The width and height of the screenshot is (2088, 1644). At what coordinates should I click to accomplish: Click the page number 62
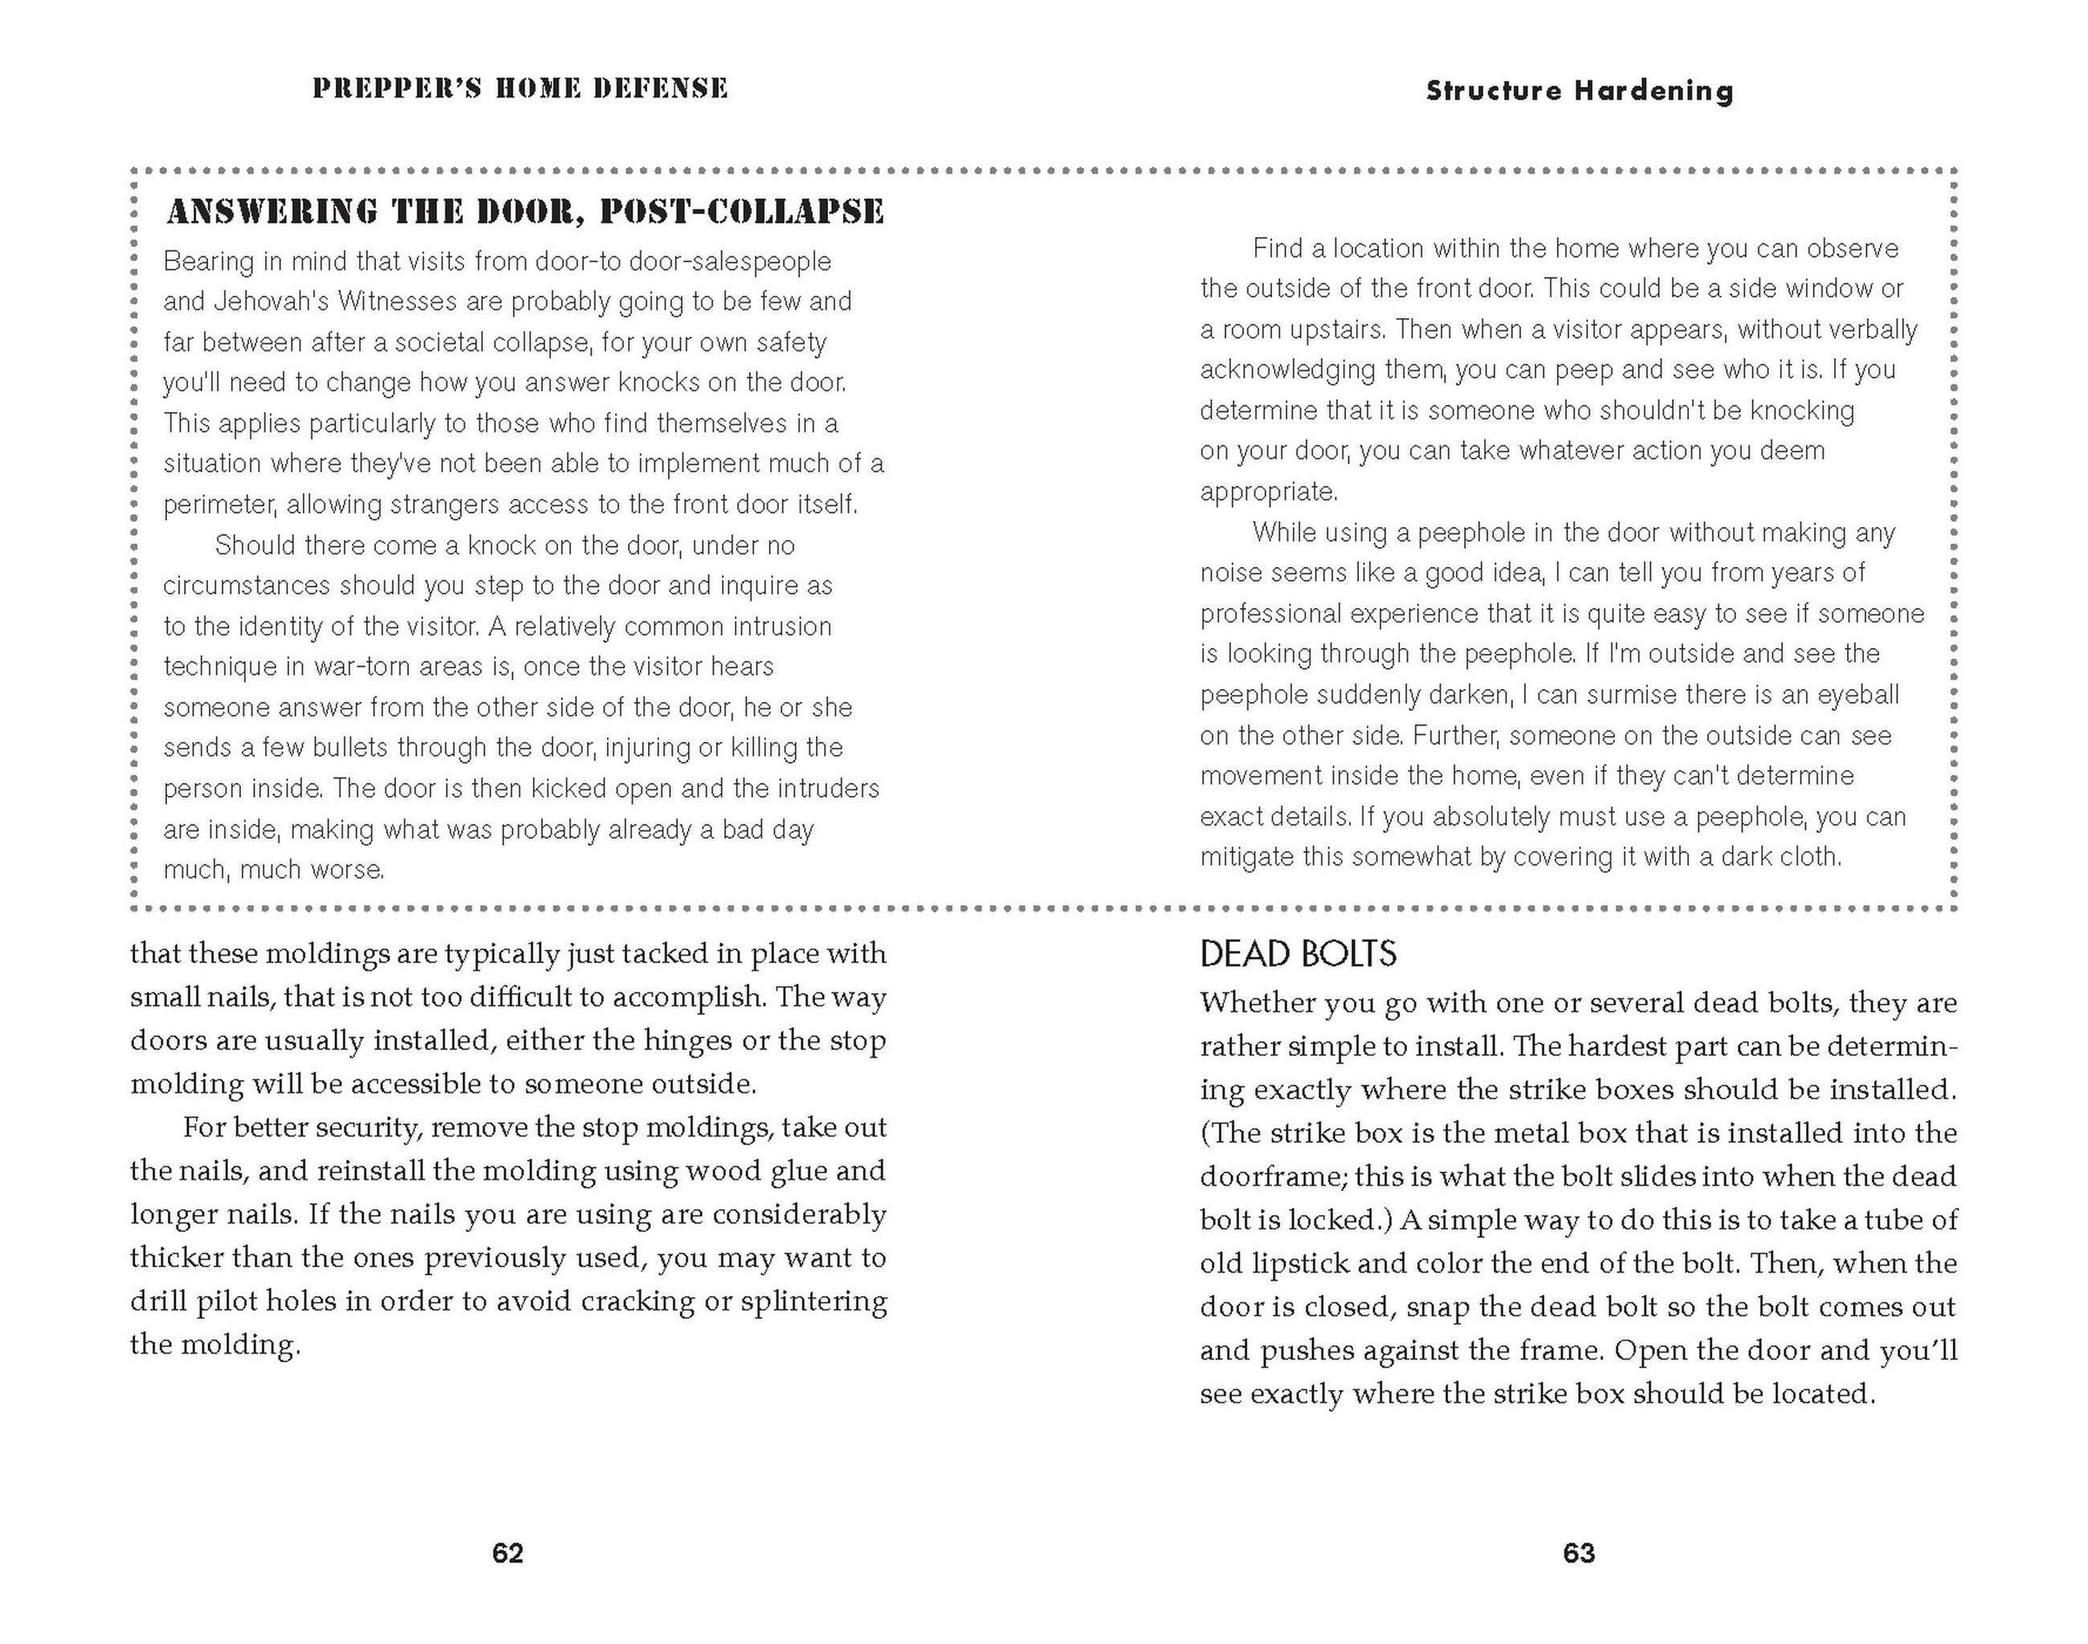click(x=507, y=1554)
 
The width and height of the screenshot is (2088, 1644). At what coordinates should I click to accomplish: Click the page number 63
click(x=1579, y=1554)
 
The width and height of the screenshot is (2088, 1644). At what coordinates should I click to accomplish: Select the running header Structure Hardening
click(x=1579, y=90)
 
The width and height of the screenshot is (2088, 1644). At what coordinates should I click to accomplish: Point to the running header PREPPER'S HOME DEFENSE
click(x=520, y=89)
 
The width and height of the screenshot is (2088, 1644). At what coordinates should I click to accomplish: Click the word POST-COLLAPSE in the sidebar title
click(x=741, y=211)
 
